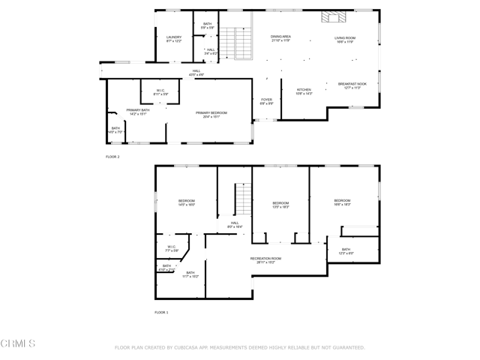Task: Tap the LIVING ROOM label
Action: (x=344, y=39)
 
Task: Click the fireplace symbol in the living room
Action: (x=331, y=18)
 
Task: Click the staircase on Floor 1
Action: (x=242, y=199)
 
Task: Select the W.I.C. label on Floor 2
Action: (x=161, y=91)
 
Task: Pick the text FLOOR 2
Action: (x=112, y=157)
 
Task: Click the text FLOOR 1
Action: (x=162, y=312)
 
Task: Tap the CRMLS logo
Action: (x=18, y=344)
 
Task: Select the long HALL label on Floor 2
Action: (x=196, y=73)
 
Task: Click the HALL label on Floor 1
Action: (x=234, y=224)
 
